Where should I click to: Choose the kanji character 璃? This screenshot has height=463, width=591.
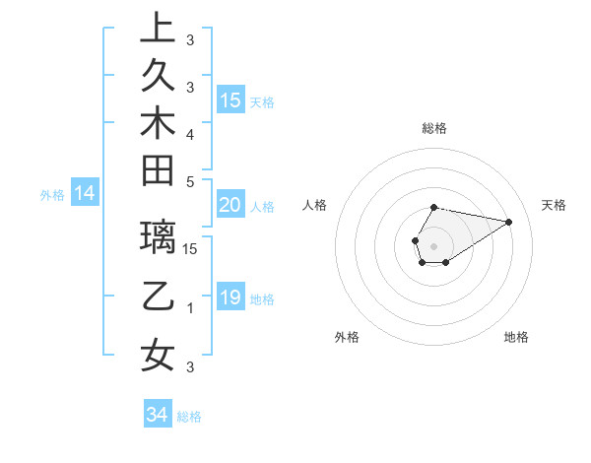pyautogui.click(x=158, y=237)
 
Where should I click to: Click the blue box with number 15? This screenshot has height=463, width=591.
pyautogui.click(x=230, y=99)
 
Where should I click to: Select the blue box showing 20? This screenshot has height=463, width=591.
pyautogui.click(x=230, y=205)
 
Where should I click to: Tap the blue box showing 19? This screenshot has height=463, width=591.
pyautogui.click(x=230, y=298)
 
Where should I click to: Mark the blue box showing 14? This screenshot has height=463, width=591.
pyautogui.click(x=85, y=193)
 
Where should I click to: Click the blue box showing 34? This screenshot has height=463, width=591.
pyautogui.click(x=157, y=415)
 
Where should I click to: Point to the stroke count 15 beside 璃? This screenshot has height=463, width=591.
pyautogui.click(x=190, y=249)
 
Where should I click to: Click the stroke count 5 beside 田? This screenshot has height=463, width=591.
pyautogui.click(x=190, y=181)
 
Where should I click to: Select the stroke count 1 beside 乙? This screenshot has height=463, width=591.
pyautogui.click(x=190, y=308)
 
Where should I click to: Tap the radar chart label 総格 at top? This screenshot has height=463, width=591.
pyautogui.click(x=434, y=128)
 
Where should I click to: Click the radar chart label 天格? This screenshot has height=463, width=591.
pyautogui.click(x=554, y=205)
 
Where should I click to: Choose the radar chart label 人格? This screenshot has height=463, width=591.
pyautogui.click(x=315, y=205)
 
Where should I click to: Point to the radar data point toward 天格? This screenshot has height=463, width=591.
pyautogui.click(x=508, y=222)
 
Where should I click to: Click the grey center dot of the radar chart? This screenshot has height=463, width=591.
pyautogui.click(x=434, y=244)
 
